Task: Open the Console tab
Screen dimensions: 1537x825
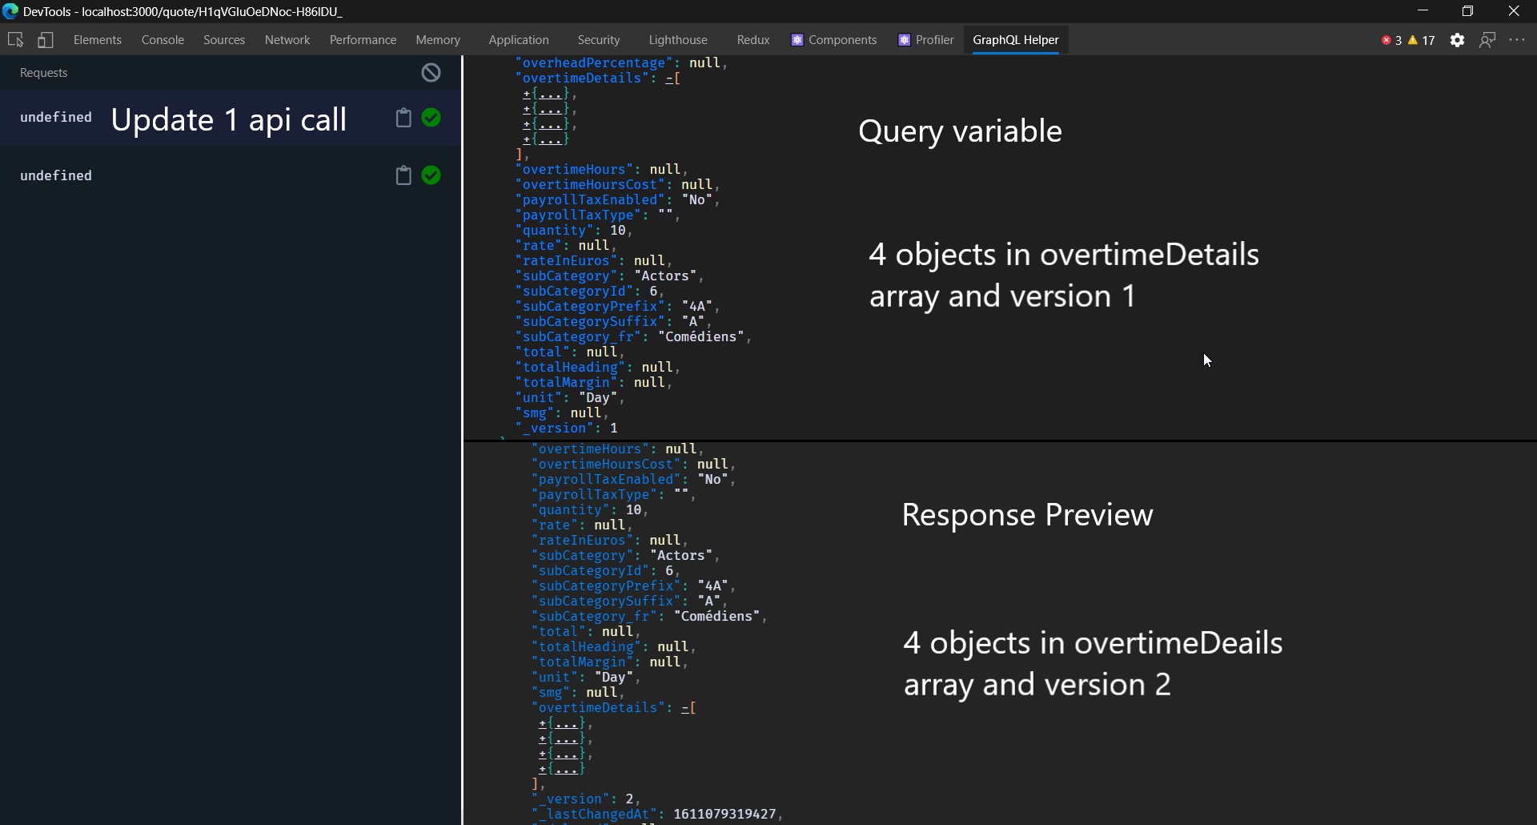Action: coord(163,40)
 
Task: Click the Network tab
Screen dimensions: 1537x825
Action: coord(287,40)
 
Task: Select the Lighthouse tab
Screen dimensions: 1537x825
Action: coord(677,40)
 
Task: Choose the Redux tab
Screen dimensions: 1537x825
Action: coord(752,40)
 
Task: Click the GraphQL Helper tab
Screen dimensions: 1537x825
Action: coord(1015,40)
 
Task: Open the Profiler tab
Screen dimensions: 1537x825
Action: coord(933,40)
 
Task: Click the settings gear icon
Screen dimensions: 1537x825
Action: coord(1457,40)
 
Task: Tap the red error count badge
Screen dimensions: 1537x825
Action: coord(1391,40)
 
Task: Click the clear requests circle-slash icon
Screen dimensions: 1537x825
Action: coord(431,73)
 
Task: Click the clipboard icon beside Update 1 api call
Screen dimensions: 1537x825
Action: coord(403,118)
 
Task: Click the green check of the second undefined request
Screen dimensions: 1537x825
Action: coord(431,175)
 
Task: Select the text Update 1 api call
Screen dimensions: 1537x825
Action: coord(228,120)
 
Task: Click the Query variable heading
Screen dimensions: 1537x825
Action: coord(960,131)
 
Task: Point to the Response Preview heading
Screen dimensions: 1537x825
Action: coord(1027,515)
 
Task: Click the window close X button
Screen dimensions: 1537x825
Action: coord(1513,11)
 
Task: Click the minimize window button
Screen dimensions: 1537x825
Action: coord(1423,11)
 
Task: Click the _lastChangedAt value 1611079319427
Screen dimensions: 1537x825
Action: coord(724,814)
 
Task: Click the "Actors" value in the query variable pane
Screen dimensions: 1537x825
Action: coord(665,276)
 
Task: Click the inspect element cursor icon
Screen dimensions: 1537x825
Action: coord(15,40)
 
